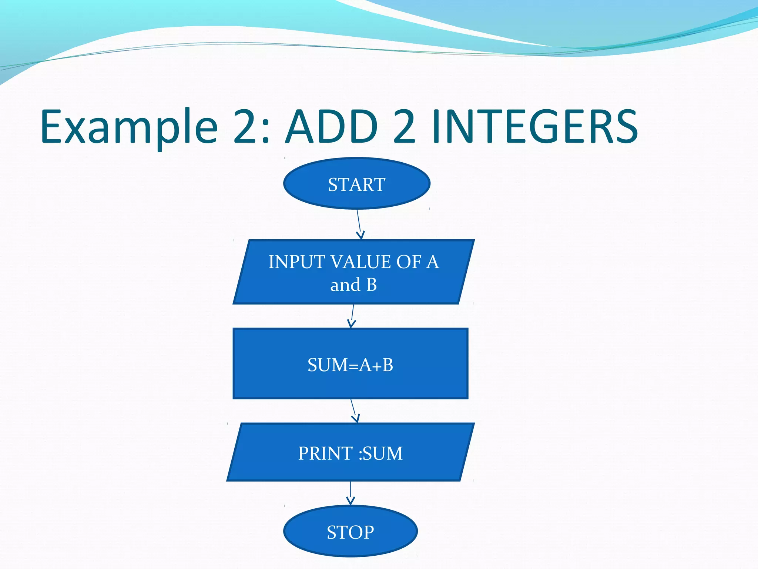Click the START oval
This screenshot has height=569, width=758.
point(356,184)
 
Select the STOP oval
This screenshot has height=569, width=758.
point(350,531)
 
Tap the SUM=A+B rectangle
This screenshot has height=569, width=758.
point(350,363)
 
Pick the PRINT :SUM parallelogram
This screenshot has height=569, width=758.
point(350,452)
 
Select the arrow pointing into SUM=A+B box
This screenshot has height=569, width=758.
point(352,316)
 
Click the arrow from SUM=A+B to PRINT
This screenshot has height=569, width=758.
point(354,410)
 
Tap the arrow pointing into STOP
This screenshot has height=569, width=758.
point(351,493)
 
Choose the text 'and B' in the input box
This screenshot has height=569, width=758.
point(353,285)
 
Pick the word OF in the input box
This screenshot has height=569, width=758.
point(409,262)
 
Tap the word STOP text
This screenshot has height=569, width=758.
point(350,532)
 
